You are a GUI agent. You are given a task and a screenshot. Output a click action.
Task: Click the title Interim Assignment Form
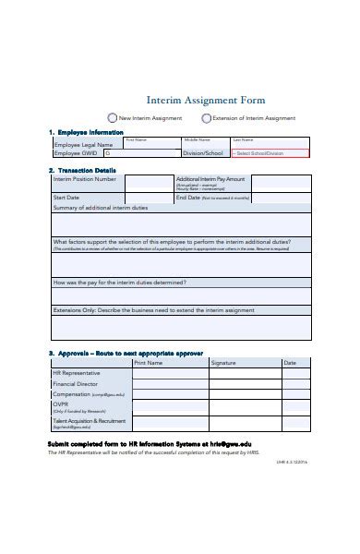click(x=206, y=100)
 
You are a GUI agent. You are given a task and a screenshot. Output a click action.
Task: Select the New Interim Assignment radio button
click(x=113, y=118)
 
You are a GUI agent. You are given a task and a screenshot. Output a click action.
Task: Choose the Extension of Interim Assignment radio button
click(x=205, y=118)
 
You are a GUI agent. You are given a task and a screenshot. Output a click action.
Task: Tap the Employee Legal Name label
click(x=83, y=145)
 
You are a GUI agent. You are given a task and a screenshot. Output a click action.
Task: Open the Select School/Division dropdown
click(x=269, y=153)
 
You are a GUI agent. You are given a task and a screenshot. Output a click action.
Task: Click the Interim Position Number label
click(x=85, y=179)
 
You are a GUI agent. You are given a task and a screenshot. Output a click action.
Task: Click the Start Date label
click(x=66, y=197)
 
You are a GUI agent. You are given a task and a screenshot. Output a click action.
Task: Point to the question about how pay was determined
click(x=120, y=282)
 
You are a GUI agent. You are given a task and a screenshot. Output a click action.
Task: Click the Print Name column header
click(x=148, y=363)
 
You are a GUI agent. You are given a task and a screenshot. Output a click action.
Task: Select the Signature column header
click(x=223, y=363)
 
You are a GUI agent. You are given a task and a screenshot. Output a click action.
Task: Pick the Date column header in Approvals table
click(x=290, y=363)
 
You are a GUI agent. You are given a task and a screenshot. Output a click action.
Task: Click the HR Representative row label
click(x=78, y=372)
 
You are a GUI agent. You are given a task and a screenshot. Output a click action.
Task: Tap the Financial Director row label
click(x=76, y=382)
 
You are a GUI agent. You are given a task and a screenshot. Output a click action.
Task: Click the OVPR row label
click(x=63, y=404)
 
